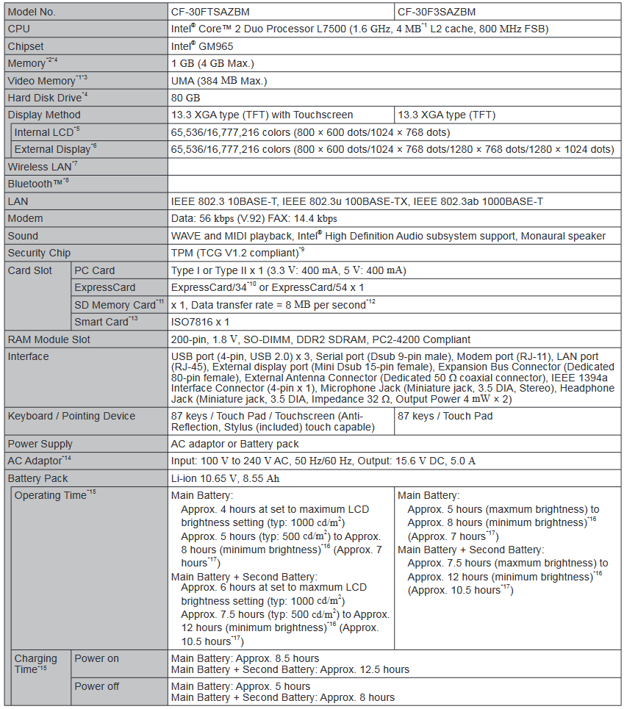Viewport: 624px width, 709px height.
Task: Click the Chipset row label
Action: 26,46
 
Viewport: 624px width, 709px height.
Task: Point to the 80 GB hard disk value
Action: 186,97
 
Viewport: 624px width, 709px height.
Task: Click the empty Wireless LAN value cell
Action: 393,167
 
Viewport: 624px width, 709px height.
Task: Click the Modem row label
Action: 25,218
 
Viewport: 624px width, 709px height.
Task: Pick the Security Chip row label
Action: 39,253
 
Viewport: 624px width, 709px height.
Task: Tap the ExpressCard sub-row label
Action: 105,287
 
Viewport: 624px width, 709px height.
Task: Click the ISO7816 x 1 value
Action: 201,322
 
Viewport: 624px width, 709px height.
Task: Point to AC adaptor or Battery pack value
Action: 234,444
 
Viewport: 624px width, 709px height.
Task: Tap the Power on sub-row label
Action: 96,658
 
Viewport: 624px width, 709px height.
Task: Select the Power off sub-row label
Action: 96,686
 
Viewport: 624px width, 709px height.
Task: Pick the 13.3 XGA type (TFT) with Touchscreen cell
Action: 262,115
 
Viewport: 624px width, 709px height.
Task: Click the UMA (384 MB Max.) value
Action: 218,80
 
